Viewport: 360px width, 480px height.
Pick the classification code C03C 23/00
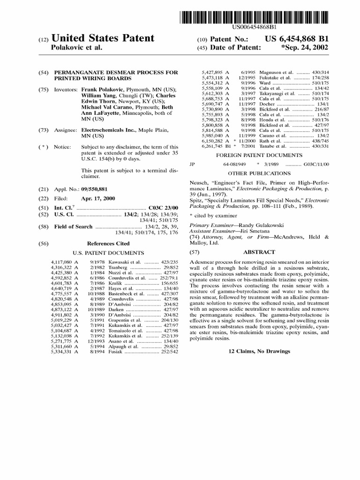pyautogui.click(x=163, y=207)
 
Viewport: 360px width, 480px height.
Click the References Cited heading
pyautogui.click(x=108, y=244)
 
